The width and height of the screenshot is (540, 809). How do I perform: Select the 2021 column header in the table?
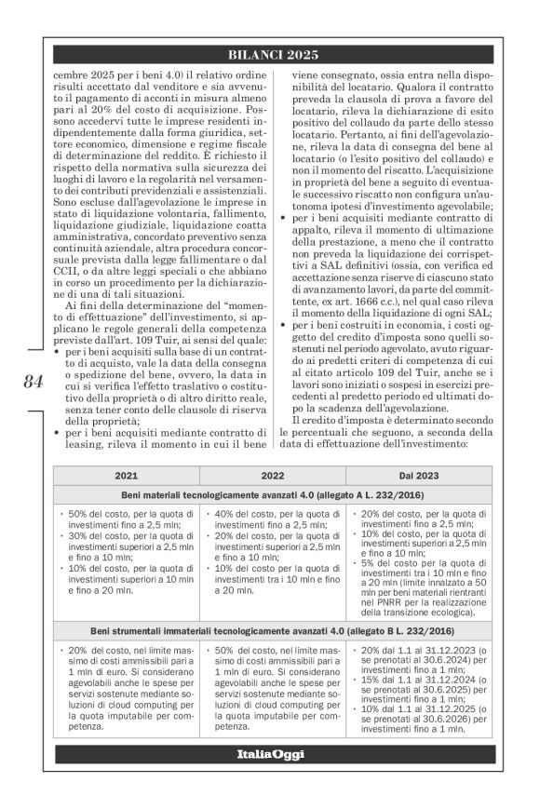pos(126,475)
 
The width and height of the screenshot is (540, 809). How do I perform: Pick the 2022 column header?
pos(273,475)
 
